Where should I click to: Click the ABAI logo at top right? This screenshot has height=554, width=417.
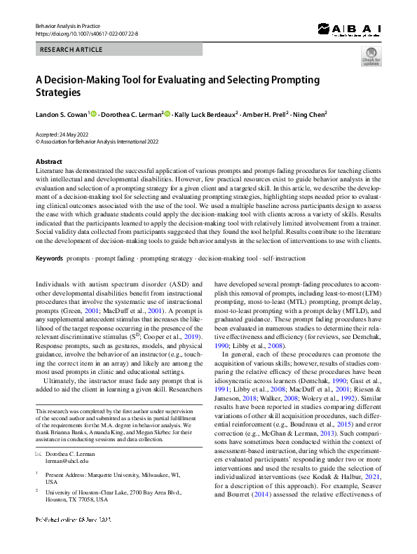(x=348, y=29)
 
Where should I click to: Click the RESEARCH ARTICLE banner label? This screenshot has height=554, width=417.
(x=72, y=50)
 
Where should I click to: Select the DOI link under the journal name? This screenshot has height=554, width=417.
(x=87, y=33)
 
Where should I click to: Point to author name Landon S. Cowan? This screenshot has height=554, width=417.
(x=61, y=114)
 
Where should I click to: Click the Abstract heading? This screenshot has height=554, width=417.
(x=48, y=161)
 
